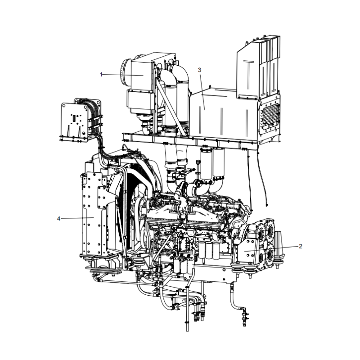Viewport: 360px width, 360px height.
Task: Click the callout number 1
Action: pos(102,74)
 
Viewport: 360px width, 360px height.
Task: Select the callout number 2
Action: pos(300,246)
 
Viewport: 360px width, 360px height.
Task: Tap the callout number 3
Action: pos(199,70)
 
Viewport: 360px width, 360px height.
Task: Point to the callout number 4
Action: pos(58,218)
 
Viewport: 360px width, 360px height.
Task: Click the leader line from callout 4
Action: pos(76,218)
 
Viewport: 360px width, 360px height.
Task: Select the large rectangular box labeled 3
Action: pos(216,112)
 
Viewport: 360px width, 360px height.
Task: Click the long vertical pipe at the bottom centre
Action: pos(187,310)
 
